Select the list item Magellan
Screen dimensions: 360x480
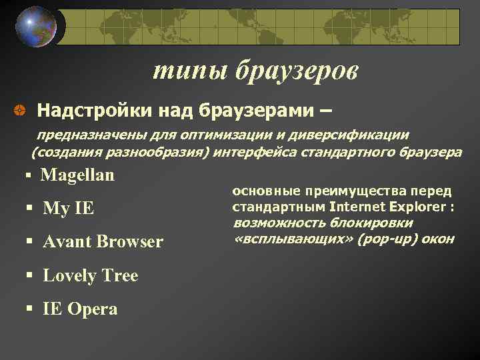click(x=77, y=175)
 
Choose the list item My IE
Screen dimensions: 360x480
click(x=68, y=209)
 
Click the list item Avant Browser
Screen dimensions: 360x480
click(x=102, y=242)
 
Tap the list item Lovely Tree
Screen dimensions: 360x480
click(x=90, y=275)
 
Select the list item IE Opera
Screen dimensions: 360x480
click(x=80, y=309)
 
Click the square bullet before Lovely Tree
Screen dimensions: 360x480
click(x=29, y=275)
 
